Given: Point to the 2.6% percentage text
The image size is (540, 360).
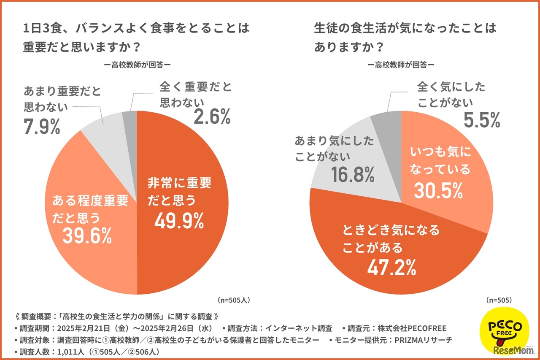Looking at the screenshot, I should pos(212,117).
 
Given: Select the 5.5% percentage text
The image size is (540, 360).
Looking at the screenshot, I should pos(482,120).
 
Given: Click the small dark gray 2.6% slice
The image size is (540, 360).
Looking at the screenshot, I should pos(130,117).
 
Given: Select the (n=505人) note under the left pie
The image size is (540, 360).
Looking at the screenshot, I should pos(235,300).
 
